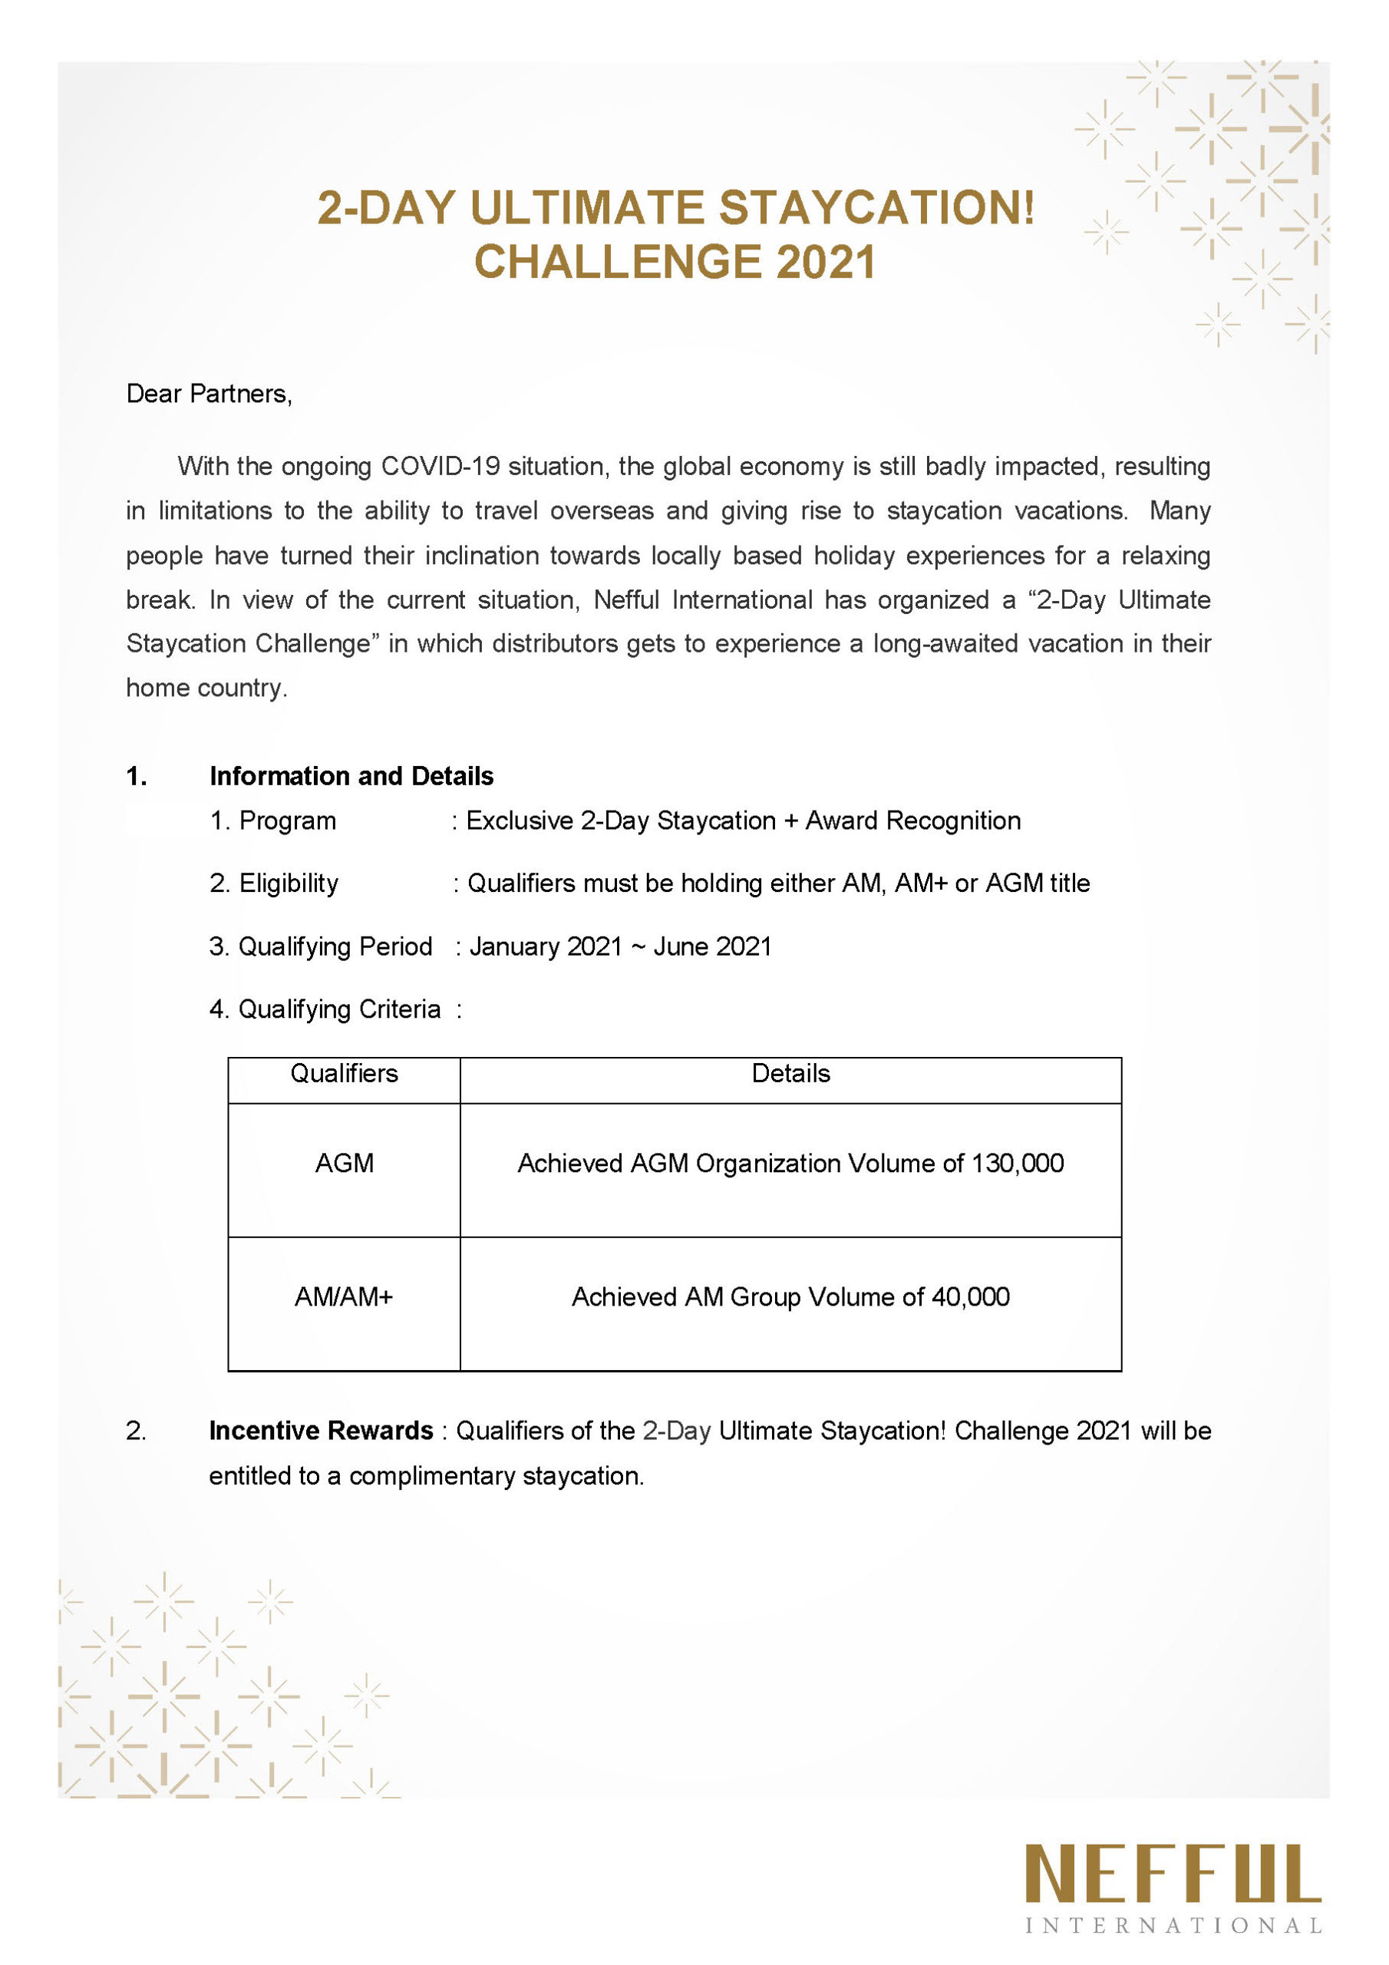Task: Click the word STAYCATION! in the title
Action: (x=876, y=208)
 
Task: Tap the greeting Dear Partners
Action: (x=209, y=394)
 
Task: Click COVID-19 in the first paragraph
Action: (x=440, y=467)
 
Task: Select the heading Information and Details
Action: (x=351, y=776)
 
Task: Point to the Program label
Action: (x=287, y=821)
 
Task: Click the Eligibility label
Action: (x=289, y=883)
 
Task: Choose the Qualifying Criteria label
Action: (x=339, y=1009)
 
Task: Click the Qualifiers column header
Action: (x=344, y=1073)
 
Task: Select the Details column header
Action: (x=790, y=1073)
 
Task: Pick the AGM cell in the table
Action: (x=344, y=1163)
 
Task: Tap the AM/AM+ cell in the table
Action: (x=344, y=1296)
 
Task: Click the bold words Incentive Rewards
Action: (x=321, y=1431)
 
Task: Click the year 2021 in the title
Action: (x=826, y=262)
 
